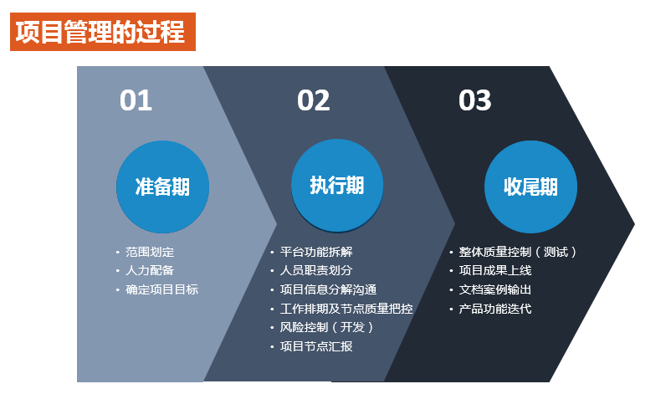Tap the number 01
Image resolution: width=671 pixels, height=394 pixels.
tap(136, 100)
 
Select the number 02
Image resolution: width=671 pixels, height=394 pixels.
tap(313, 100)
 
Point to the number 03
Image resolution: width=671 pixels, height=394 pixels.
tap(474, 100)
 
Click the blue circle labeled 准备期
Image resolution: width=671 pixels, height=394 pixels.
tap(162, 187)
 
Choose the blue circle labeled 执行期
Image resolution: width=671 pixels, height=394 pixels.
tap(337, 185)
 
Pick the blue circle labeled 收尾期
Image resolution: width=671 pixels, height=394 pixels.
tap(530, 187)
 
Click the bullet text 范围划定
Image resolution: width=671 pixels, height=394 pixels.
tap(150, 252)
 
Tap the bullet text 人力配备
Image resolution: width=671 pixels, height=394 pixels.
tap(150, 270)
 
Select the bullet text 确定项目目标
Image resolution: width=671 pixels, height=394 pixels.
tap(161, 289)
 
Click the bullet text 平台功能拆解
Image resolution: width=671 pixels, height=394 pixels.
tap(316, 252)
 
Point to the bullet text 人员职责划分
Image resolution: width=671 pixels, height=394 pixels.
tap(316, 270)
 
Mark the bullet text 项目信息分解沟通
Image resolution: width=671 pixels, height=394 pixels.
tap(328, 289)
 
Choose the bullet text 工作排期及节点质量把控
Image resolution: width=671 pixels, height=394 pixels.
tap(346, 309)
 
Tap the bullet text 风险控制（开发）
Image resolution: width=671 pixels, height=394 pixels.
tap(327, 327)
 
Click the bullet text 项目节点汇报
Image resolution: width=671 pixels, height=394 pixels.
tap(316, 346)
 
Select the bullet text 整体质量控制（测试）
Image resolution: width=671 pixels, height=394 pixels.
tap(518, 252)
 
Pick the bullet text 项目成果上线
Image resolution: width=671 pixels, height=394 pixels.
tap(495, 270)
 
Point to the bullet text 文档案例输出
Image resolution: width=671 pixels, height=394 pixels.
tap(495, 289)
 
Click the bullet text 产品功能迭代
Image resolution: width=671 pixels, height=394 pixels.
tap(495, 309)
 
